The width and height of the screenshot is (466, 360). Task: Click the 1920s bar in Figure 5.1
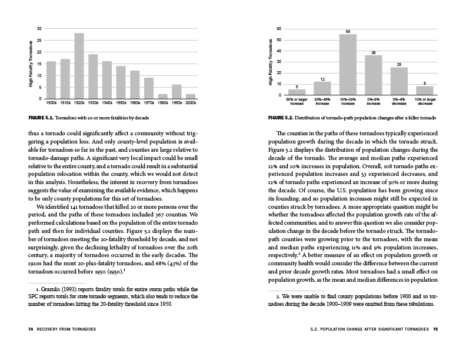79,66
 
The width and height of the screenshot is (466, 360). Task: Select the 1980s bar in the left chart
163,96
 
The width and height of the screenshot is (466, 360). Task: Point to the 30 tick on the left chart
39,28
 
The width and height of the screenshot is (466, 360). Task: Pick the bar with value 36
374,75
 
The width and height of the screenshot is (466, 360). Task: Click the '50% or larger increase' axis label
297,101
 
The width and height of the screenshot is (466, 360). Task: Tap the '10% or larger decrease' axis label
425,101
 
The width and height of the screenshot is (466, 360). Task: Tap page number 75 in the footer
435,328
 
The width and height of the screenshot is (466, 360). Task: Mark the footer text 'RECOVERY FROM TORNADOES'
71,328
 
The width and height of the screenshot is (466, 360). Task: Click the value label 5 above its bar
297,86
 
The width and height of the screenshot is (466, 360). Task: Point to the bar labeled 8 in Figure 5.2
425,90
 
